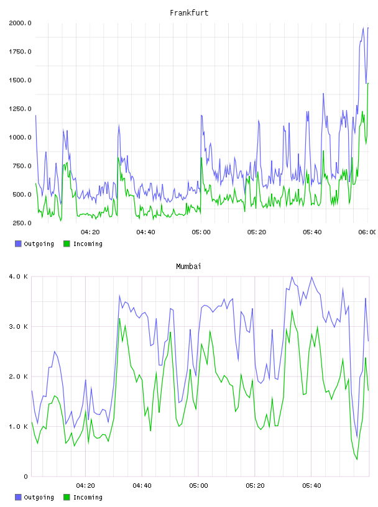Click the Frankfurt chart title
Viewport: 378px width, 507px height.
[x=189, y=13]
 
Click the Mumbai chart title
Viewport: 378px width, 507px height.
[x=188, y=267]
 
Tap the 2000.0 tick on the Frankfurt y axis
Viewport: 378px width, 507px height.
[x=20, y=23]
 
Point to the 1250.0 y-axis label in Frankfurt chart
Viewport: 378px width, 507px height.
[x=20, y=109]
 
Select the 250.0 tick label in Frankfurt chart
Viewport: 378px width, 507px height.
[x=22, y=223]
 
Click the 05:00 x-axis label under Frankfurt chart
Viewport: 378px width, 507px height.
[x=201, y=232]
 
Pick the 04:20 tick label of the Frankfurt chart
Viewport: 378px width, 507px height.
[x=90, y=232]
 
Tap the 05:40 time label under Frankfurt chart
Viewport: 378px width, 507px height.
[x=312, y=232]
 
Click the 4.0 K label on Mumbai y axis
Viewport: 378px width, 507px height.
[x=19, y=276]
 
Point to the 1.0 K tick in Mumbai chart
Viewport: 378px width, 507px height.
[x=19, y=427]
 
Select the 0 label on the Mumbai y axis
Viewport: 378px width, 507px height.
[x=26, y=477]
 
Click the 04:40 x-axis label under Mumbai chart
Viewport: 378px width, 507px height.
[x=142, y=486]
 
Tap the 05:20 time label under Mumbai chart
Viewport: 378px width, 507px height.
[x=255, y=486]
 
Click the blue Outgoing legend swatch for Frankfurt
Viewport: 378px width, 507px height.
[x=18, y=244]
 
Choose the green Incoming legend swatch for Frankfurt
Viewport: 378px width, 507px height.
[x=67, y=244]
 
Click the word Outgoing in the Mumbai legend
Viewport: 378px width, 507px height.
[x=39, y=497]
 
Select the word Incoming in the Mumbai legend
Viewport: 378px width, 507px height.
[x=88, y=497]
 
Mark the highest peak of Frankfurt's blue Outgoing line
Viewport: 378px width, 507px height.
[x=363, y=28]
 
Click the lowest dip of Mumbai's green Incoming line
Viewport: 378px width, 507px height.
[x=357, y=459]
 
